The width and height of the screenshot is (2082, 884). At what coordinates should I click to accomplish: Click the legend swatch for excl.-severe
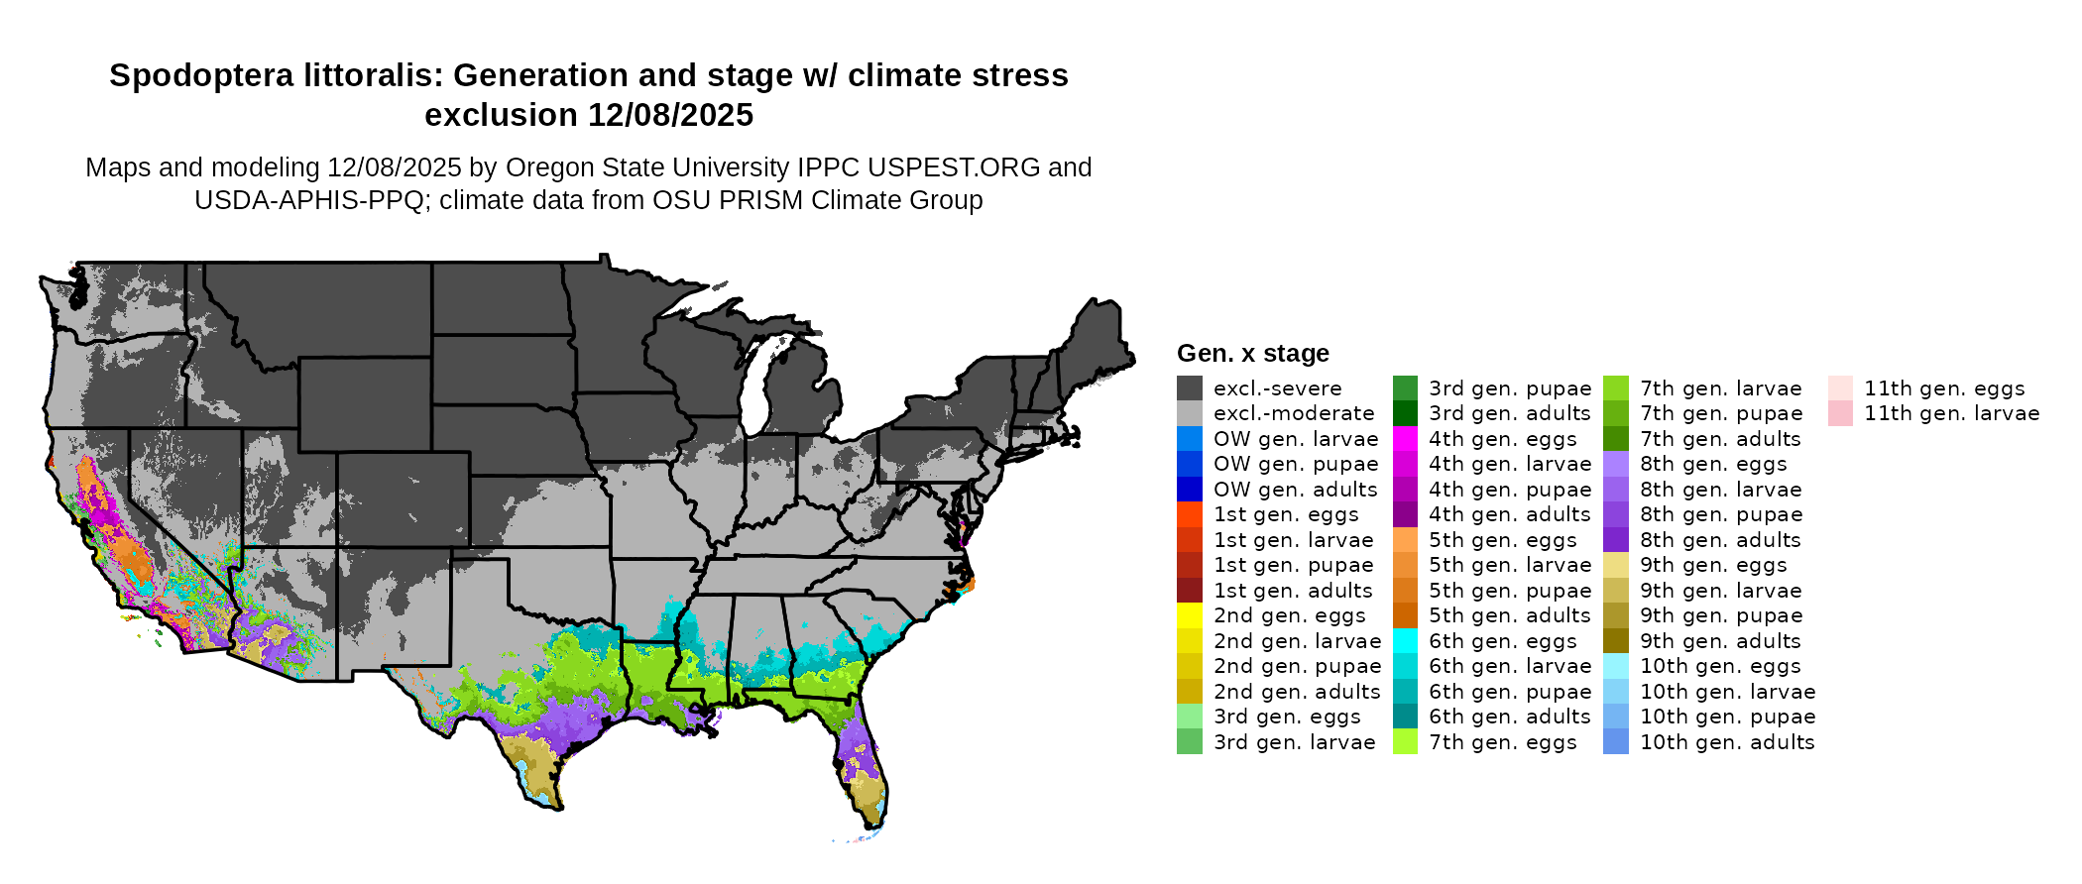(1189, 388)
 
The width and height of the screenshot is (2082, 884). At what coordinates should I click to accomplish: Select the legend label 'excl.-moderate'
(1294, 413)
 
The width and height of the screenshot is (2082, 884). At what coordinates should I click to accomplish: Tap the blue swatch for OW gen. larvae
(1189, 439)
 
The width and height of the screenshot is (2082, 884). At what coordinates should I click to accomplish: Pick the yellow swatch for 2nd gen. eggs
(1189, 615)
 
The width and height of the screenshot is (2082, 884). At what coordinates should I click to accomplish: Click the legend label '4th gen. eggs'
(1502, 439)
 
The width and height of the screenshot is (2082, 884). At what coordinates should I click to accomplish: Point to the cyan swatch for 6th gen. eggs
(1405, 641)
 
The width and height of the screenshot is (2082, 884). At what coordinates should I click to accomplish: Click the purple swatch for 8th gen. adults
(1615, 540)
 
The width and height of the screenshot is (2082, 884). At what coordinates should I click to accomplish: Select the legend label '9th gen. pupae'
(1720, 615)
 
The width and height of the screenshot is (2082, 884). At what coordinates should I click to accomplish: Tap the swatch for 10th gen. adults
(1615, 742)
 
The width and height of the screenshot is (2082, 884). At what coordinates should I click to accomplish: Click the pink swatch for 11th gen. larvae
(1840, 413)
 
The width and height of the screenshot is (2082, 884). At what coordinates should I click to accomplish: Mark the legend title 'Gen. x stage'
(1252, 354)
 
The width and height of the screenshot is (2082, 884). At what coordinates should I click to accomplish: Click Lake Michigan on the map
(756, 387)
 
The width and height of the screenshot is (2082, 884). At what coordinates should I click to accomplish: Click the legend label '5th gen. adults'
(1509, 615)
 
